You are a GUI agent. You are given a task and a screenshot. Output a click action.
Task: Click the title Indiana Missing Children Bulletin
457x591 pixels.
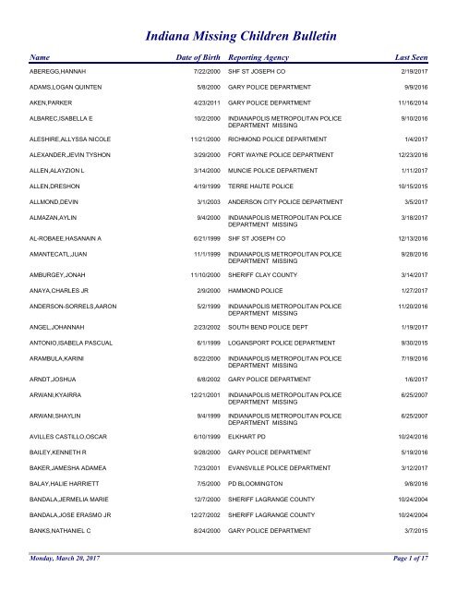tap(241, 36)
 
